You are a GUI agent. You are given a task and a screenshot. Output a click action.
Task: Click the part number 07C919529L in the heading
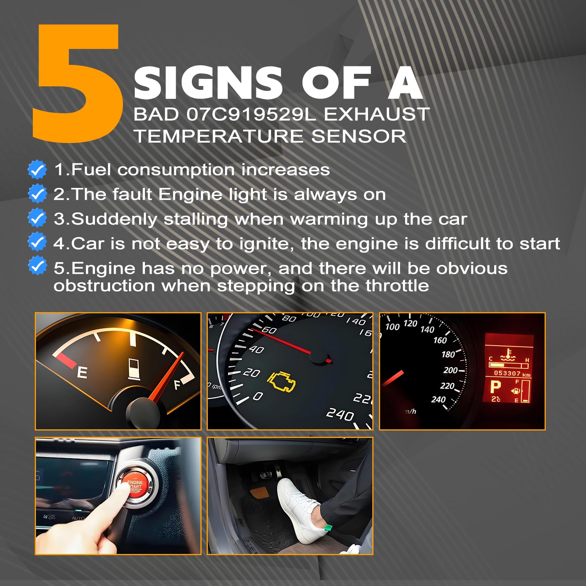point(251,114)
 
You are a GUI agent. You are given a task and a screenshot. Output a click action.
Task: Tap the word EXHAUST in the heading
point(377,114)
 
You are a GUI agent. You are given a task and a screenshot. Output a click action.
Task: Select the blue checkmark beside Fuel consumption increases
point(38,170)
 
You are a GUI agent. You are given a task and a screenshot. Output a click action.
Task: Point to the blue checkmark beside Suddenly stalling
point(38,218)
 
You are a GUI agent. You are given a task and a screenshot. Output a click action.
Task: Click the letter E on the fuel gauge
point(82,372)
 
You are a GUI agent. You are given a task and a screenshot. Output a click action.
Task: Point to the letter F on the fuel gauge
point(178,385)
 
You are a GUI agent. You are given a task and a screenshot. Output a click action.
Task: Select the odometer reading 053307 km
point(512,373)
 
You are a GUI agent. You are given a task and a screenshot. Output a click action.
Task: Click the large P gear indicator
point(495,387)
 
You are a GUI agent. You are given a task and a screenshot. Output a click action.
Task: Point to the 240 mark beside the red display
point(438,400)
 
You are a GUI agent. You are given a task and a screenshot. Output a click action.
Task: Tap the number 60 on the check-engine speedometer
point(269,330)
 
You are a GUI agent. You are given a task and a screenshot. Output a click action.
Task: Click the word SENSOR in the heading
point(359,136)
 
